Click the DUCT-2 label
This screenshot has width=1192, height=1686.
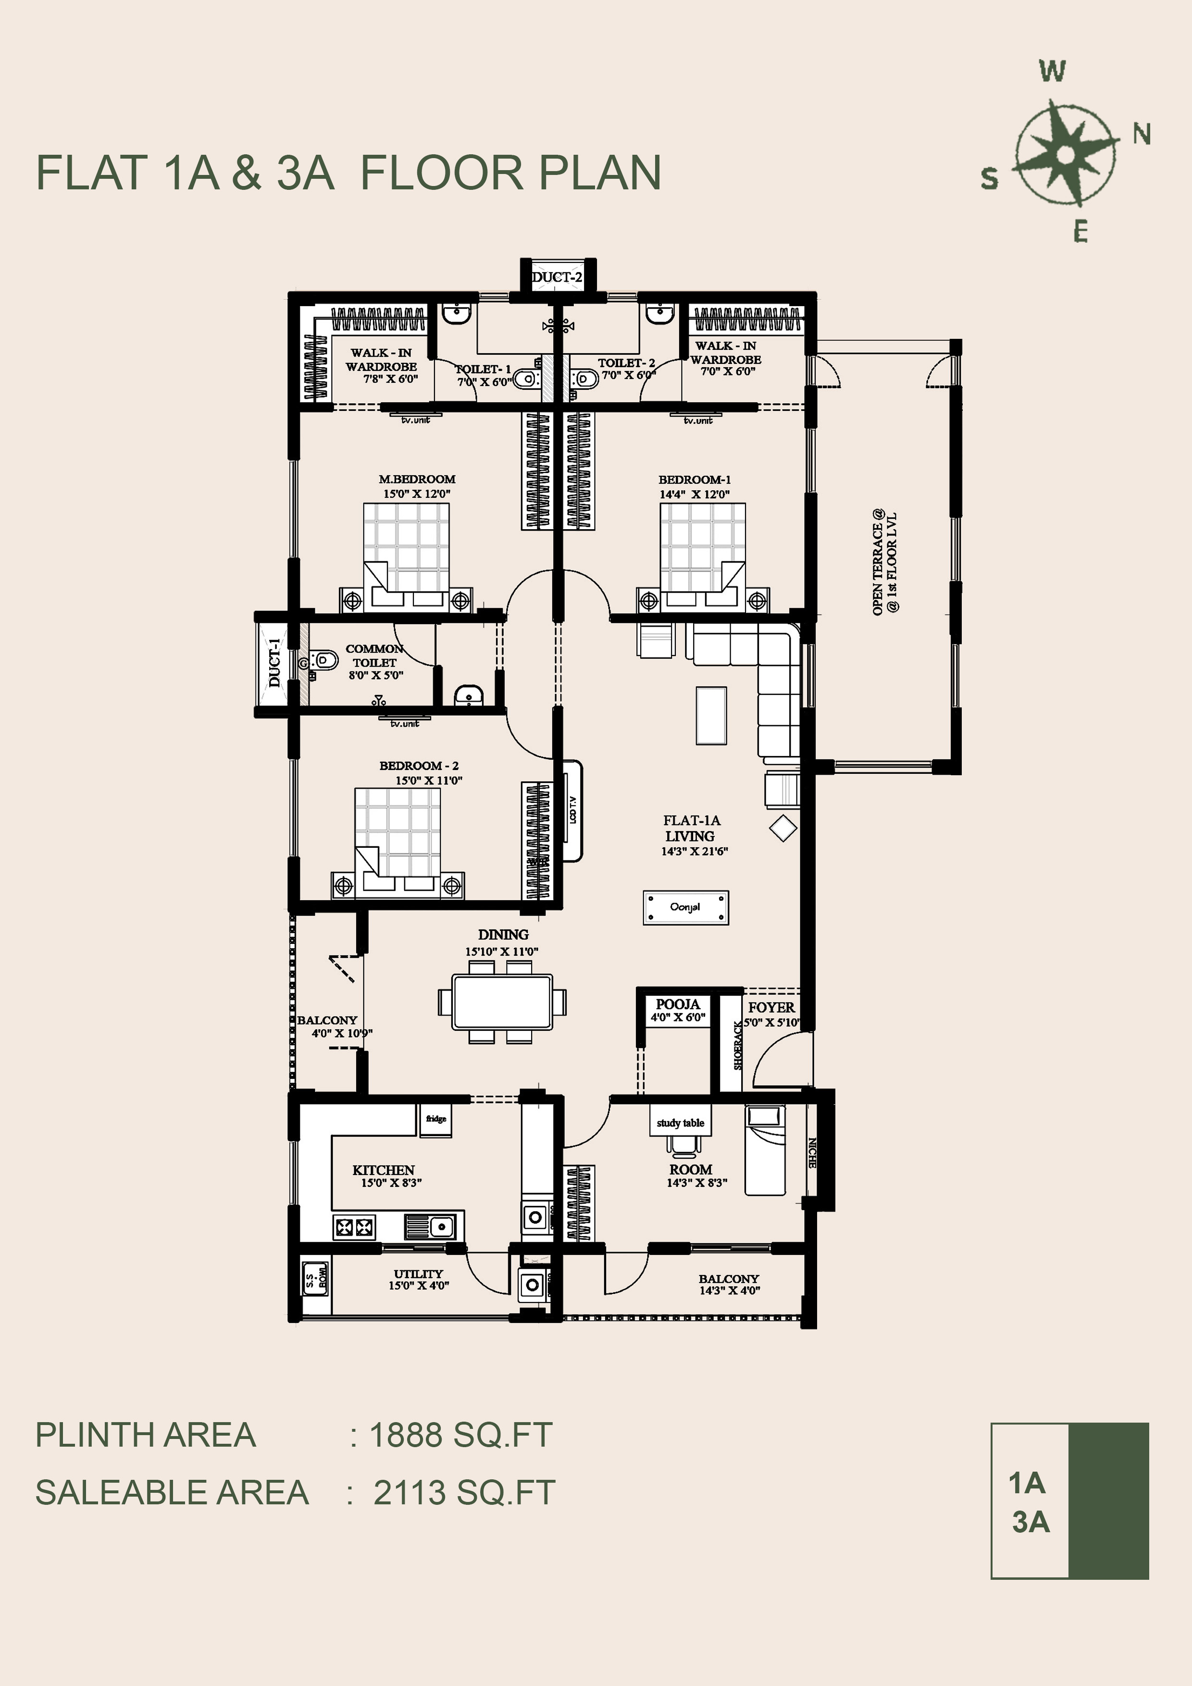click(x=557, y=277)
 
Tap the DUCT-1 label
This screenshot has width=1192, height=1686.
click(x=274, y=663)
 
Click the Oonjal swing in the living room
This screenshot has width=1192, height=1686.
click(x=686, y=907)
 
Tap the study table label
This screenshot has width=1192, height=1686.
click(x=680, y=1123)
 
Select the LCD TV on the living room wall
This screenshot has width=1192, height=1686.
click(x=572, y=810)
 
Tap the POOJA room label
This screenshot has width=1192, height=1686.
click(x=678, y=1004)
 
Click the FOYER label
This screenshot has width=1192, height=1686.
click(x=771, y=1007)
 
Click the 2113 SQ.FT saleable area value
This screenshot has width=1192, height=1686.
click(x=464, y=1492)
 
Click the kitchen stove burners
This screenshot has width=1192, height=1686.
click(x=355, y=1227)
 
